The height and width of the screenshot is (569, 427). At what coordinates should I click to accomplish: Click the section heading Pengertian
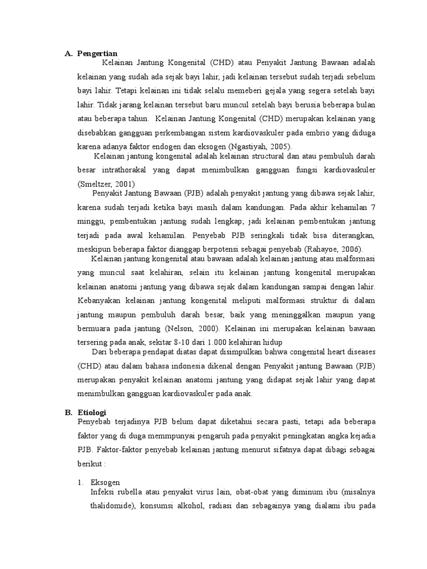point(97,53)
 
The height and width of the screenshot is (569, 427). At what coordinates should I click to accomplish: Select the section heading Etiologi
point(93,413)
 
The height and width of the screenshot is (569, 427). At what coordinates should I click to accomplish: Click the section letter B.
point(68,413)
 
